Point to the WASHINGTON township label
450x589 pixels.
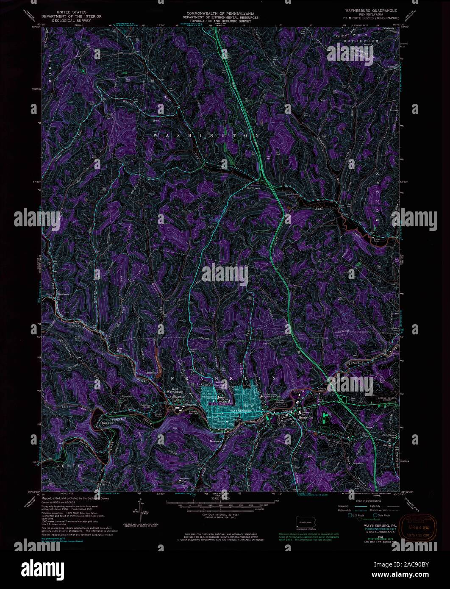pyautogui.click(x=206, y=136)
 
